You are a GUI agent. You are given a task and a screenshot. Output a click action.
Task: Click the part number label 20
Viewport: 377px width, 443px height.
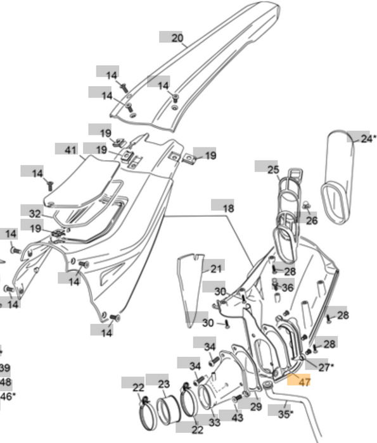(177, 39)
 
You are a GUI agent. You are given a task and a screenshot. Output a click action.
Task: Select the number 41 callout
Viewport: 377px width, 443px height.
(70, 150)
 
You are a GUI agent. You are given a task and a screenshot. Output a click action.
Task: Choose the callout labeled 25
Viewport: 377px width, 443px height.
(272, 170)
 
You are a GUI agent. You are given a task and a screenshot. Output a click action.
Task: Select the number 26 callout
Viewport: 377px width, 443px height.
(311, 221)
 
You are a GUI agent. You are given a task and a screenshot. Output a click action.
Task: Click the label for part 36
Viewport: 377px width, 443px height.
(288, 287)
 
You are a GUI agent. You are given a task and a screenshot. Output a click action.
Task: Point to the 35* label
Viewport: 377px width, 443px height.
(286, 413)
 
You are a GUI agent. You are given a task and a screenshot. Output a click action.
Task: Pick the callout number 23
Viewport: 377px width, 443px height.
(163, 384)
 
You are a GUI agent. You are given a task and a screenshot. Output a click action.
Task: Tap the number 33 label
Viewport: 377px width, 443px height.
(214, 422)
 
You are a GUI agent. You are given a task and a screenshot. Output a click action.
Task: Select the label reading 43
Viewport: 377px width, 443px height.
(237, 418)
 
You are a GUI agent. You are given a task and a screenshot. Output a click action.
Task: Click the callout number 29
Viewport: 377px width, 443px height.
(255, 406)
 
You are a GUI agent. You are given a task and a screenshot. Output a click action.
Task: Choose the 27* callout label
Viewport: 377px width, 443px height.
(324, 367)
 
